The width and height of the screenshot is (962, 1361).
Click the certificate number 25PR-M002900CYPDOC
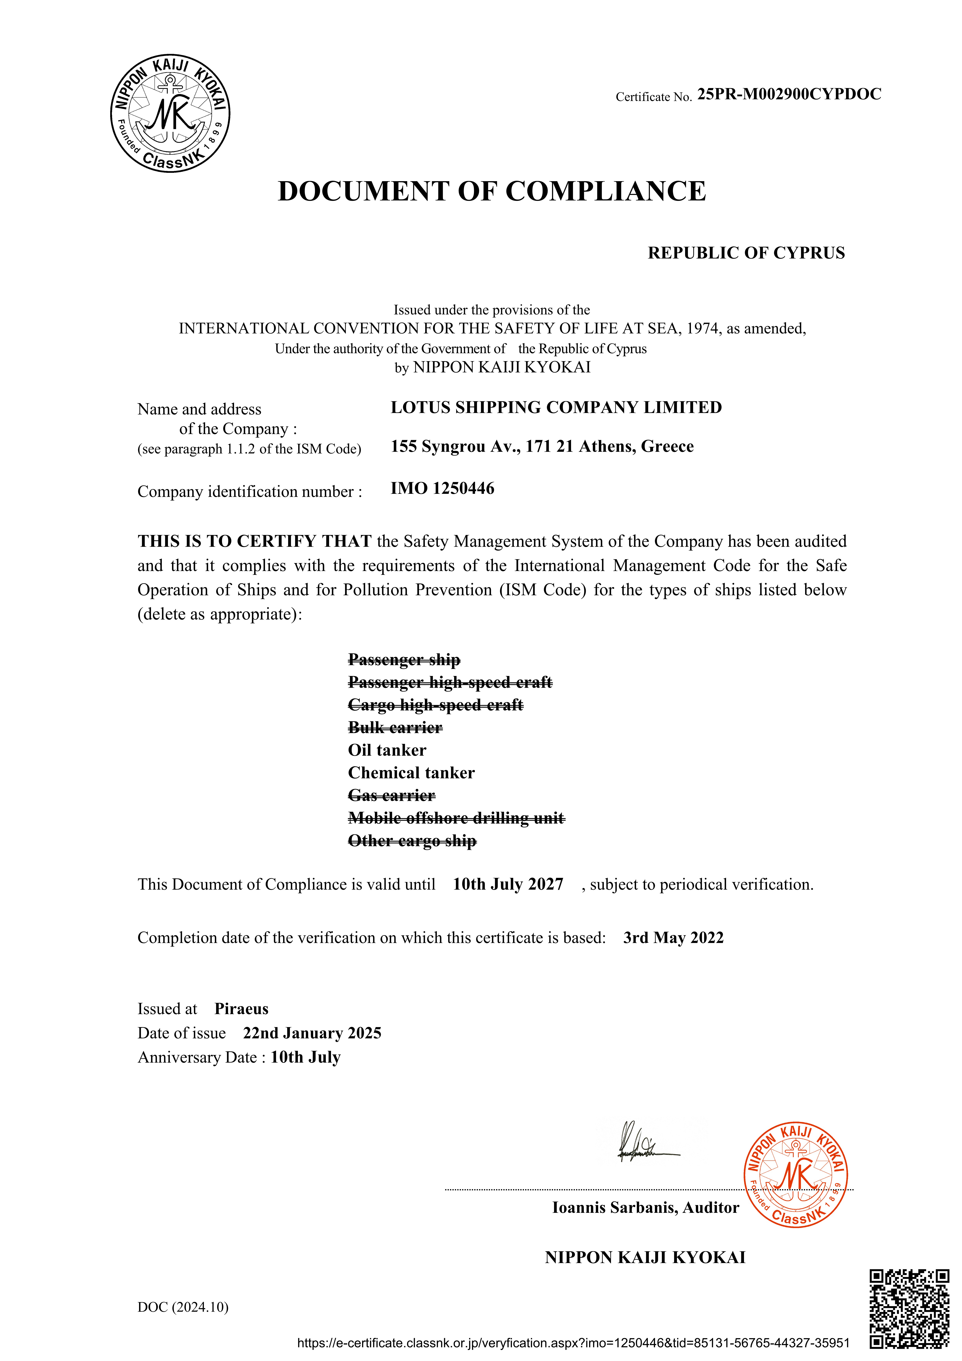pyautogui.click(x=789, y=94)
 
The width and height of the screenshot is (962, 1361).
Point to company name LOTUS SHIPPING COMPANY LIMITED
pyautogui.click(x=556, y=408)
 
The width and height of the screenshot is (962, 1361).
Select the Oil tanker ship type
pyautogui.click(x=387, y=750)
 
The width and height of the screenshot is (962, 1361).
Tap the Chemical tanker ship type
pyautogui.click(x=411, y=773)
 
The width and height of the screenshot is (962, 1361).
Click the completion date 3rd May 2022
pyautogui.click(x=673, y=938)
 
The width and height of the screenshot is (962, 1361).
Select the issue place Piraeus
pyautogui.click(x=241, y=1009)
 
